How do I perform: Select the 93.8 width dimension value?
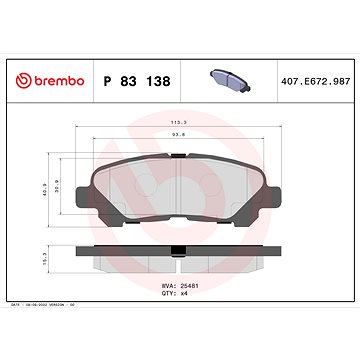point(179,141)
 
